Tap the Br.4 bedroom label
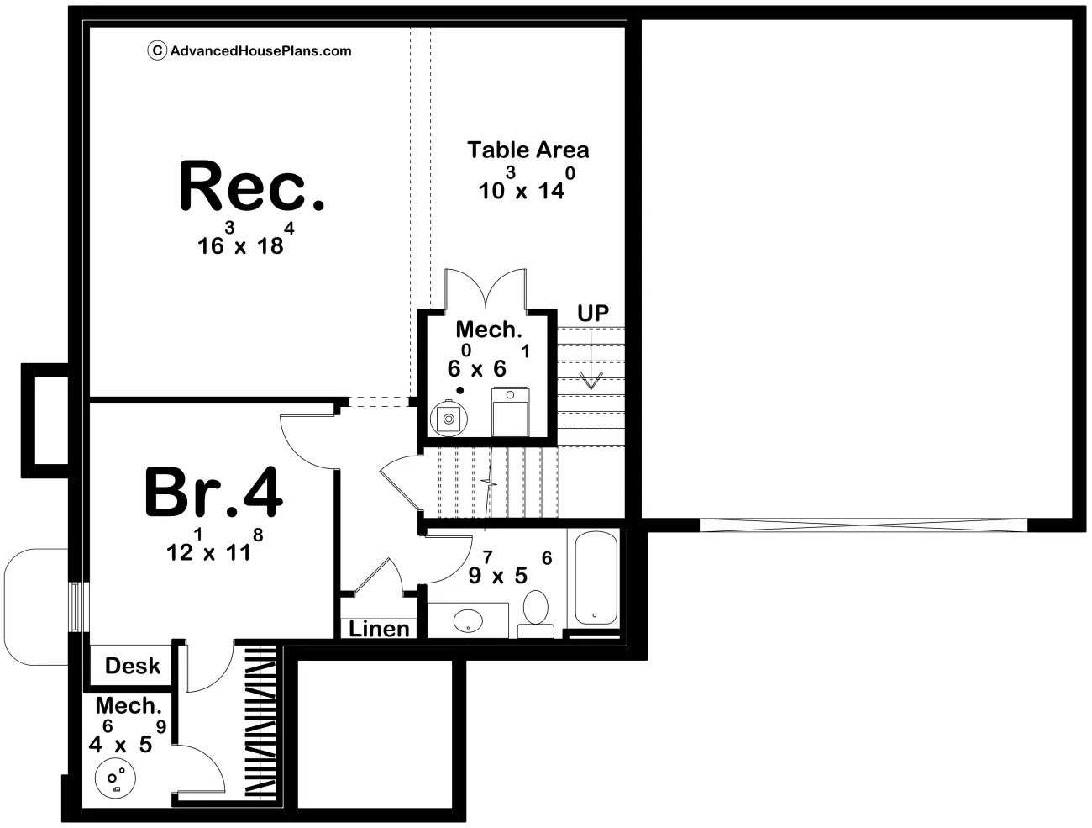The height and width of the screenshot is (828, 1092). click(x=213, y=493)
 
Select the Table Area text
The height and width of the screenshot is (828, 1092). click(x=528, y=150)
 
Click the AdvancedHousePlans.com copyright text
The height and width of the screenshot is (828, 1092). click(x=250, y=51)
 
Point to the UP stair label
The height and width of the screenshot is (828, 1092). click(x=592, y=314)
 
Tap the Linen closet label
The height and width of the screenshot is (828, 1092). click(x=379, y=629)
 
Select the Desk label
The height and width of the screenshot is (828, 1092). click(x=132, y=666)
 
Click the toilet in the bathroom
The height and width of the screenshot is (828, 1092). click(x=535, y=611)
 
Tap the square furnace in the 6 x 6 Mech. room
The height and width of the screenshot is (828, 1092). click(x=510, y=412)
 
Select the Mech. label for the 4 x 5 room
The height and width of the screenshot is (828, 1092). click(x=128, y=706)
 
